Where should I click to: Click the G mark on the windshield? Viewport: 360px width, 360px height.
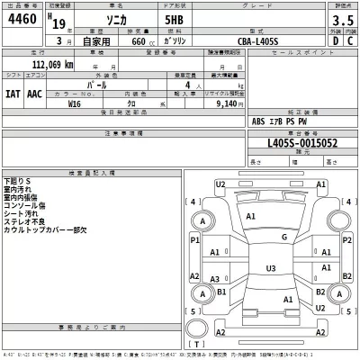(283, 237)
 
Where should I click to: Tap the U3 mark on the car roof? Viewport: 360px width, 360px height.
(270, 267)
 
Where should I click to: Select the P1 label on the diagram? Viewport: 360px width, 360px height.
(194, 240)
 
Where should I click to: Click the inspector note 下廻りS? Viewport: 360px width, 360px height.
(17, 182)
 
